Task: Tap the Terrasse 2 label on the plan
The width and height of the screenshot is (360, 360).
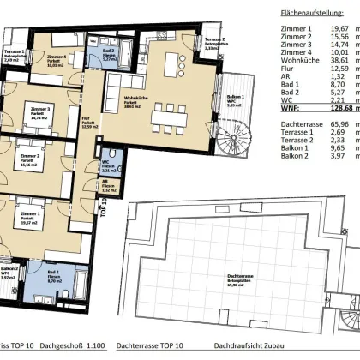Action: tap(213, 40)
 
